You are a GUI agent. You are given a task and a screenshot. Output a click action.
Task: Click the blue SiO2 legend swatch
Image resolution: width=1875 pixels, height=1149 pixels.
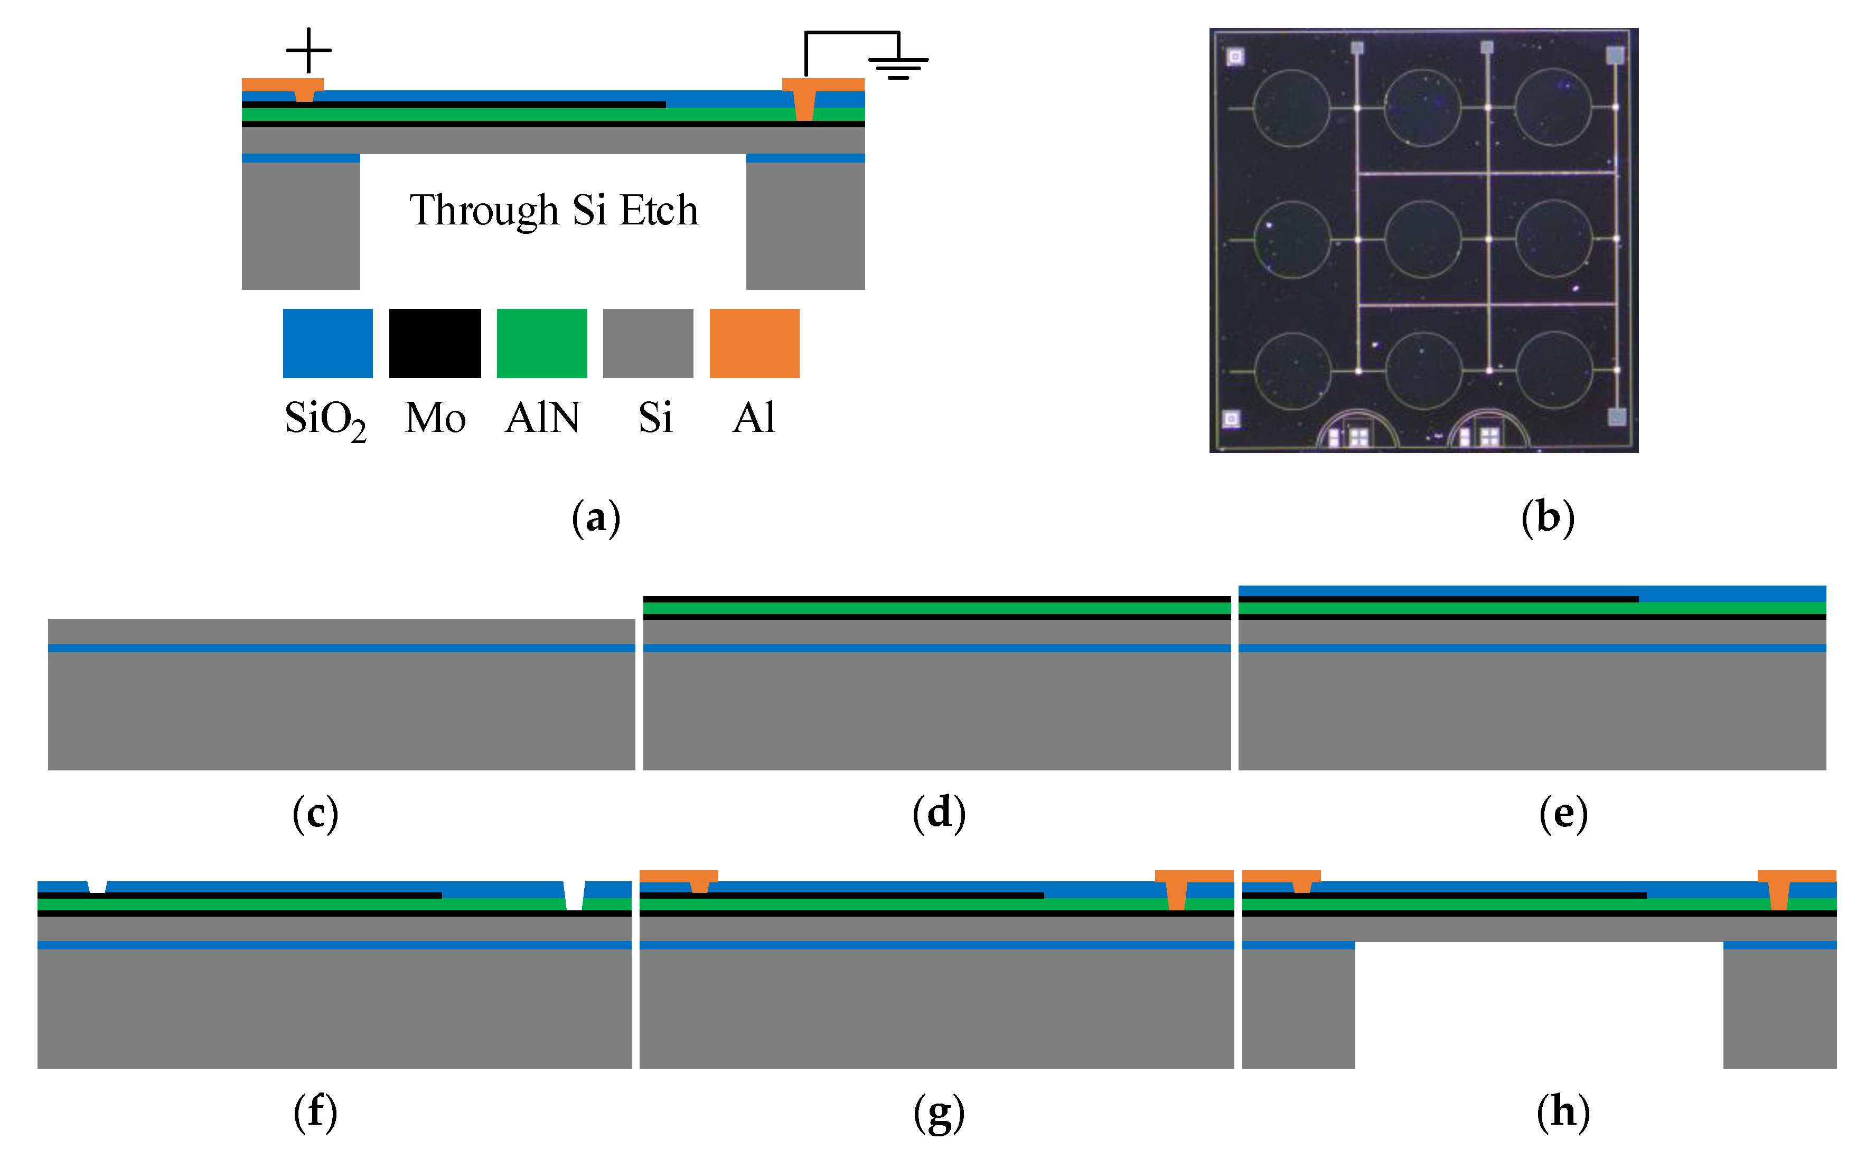click(327, 343)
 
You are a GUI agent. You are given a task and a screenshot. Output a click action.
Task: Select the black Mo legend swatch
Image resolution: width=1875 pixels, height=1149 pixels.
click(435, 343)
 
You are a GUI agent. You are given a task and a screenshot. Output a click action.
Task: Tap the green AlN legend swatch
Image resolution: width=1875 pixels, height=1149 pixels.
click(542, 343)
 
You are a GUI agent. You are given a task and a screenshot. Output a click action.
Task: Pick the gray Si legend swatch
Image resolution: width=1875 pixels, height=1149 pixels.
click(648, 343)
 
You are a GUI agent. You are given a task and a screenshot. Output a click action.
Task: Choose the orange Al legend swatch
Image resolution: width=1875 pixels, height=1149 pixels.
click(754, 343)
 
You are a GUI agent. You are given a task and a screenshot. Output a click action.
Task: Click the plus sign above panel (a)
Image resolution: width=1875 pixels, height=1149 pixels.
click(308, 50)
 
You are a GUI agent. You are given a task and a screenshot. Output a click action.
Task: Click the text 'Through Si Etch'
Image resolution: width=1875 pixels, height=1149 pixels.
click(553, 210)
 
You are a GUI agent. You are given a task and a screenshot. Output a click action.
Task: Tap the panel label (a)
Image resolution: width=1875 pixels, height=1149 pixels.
click(596, 518)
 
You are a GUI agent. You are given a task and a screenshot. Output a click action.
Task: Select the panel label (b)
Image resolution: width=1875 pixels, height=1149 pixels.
click(1547, 518)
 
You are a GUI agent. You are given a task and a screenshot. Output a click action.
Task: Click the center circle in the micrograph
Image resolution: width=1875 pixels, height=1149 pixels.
click(1422, 238)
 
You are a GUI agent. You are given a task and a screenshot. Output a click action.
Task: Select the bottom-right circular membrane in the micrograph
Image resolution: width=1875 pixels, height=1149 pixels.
click(1554, 370)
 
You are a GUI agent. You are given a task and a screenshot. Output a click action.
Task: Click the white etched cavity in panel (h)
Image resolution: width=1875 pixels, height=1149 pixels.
click(1539, 1004)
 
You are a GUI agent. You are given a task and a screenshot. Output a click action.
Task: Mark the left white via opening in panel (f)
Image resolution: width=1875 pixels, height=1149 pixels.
click(97, 887)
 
